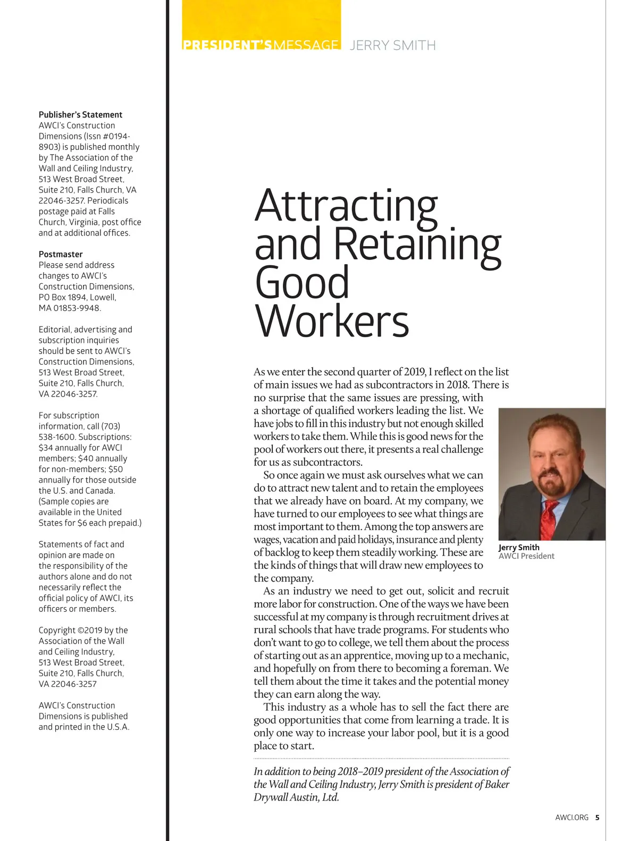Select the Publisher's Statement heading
pyautogui.click(x=80, y=114)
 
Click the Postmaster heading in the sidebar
pyautogui.click(x=61, y=254)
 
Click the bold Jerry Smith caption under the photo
pyautogui.click(x=519, y=547)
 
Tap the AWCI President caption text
pyautogui.click(x=526, y=556)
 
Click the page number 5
pyautogui.click(x=597, y=818)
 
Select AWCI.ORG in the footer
pyautogui.click(x=572, y=818)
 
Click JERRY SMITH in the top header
pyautogui.click(x=393, y=45)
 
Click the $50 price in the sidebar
pyautogui.click(x=115, y=469)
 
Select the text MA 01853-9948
pyautogui.click(x=70, y=308)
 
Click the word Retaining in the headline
pyautogui.click(x=417, y=244)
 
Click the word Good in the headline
pyautogui.click(x=302, y=282)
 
